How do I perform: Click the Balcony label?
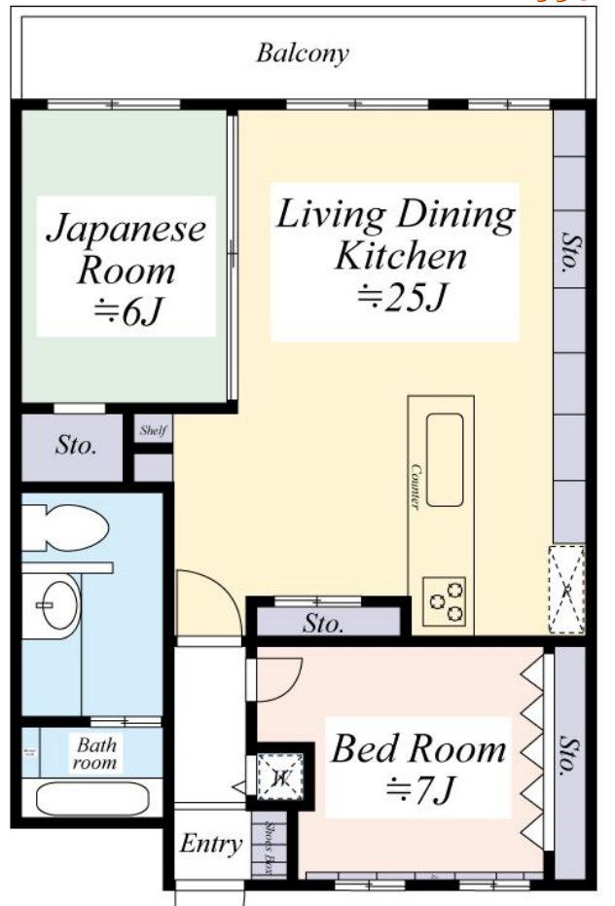(x=302, y=53)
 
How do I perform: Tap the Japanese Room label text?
(x=127, y=268)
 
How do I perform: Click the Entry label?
(x=210, y=844)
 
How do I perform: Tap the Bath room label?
(x=96, y=754)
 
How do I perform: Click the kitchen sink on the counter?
(x=444, y=459)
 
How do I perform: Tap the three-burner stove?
(x=444, y=600)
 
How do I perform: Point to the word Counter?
(x=415, y=488)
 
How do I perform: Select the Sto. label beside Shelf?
(x=74, y=447)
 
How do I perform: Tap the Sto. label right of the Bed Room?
(x=568, y=754)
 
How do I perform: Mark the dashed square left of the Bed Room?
(x=280, y=776)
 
